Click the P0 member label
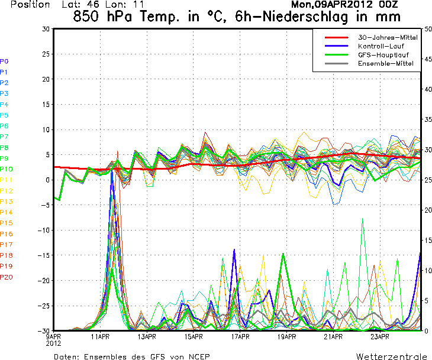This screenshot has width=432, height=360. tap(4, 61)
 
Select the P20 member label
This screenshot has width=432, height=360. tap(6, 277)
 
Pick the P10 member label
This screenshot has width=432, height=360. tap(6, 169)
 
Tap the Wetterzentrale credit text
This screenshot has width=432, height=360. tap(391, 356)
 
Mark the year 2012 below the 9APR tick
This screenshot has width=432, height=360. tap(54, 343)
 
